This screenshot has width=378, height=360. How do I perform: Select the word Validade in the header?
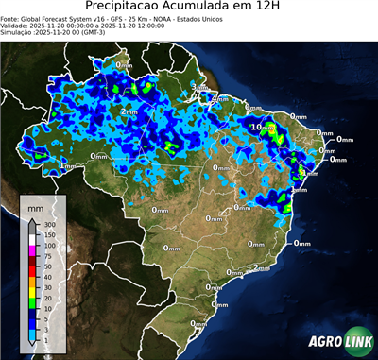(x=15, y=26)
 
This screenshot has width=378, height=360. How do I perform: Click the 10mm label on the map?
(x=262, y=126)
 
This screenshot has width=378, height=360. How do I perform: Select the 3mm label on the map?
(x=199, y=87)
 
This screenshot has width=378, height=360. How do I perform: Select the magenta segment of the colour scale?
(x=32, y=249)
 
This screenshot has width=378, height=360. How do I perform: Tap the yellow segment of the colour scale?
(x=32, y=292)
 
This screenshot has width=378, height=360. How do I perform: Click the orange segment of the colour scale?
(x=32, y=282)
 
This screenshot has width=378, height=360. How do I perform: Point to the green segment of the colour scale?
(x=32, y=302)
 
